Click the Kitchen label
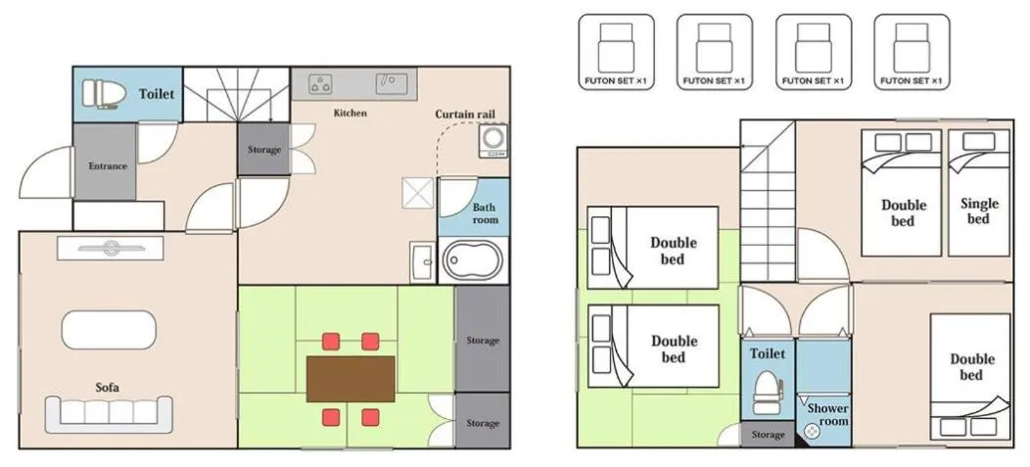click(350, 114)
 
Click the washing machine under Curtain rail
click(492, 140)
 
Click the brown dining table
click(351, 378)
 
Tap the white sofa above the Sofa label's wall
click(108, 414)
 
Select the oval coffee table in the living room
click(109, 329)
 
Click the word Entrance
click(108, 166)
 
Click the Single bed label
click(979, 210)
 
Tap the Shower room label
click(826, 414)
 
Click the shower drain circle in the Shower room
click(811, 431)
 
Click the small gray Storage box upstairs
click(768, 435)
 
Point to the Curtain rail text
click(465, 115)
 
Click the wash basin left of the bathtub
click(423, 262)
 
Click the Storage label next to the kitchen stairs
click(263, 150)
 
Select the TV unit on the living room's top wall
click(109, 249)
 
